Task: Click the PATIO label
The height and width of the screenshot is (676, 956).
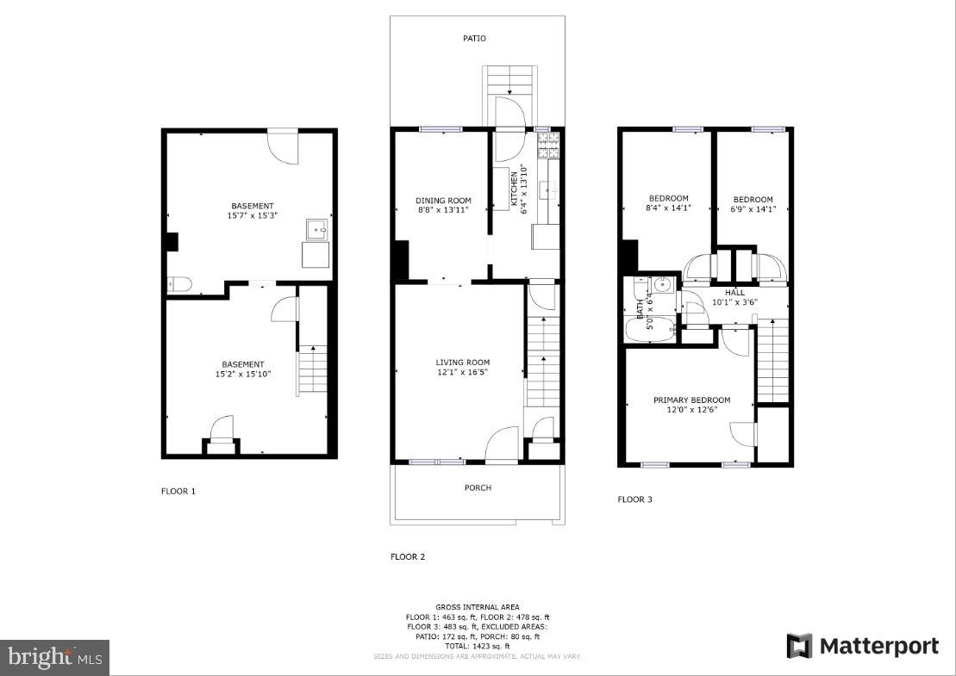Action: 474,38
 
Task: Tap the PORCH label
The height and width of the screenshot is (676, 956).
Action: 478,487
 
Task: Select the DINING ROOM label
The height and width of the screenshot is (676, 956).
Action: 444,200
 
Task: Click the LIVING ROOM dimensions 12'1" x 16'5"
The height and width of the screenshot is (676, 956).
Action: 462,373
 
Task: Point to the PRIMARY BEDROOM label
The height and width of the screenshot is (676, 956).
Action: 691,400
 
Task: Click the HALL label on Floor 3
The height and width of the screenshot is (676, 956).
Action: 734,293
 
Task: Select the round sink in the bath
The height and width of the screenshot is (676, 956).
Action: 661,285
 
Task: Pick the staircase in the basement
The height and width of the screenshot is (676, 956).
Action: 312,370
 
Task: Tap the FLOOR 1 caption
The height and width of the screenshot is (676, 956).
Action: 178,492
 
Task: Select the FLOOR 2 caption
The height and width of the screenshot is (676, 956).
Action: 408,557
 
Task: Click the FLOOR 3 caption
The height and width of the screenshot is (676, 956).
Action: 635,499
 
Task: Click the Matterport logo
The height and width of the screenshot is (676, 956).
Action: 862,646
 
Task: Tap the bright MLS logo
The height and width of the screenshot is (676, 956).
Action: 54,658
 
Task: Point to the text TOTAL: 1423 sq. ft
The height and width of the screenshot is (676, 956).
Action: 478,646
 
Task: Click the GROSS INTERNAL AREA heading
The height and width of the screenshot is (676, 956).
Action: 478,607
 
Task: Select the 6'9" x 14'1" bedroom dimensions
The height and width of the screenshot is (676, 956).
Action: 753,208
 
